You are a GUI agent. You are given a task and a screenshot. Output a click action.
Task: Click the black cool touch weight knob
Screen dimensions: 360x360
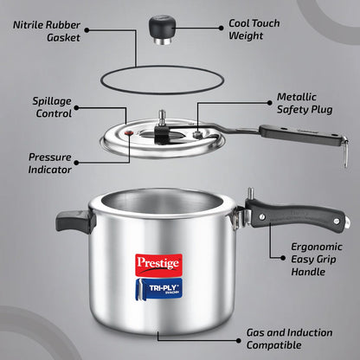159,28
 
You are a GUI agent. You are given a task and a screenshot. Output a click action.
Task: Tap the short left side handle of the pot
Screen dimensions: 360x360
74,220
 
